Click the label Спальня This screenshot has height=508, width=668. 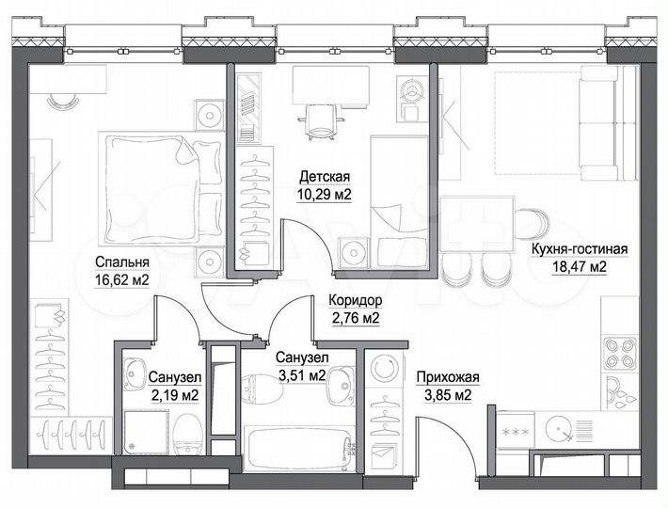(x=121, y=262)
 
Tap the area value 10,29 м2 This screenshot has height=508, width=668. (x=325, y=196)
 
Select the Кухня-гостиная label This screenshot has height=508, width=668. (x=579, y=248)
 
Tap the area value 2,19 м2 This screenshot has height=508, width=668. (x=173, y=395)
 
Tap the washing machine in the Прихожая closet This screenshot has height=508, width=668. (x=384, y=368)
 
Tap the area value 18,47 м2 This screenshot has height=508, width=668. (x=579, y=266)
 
